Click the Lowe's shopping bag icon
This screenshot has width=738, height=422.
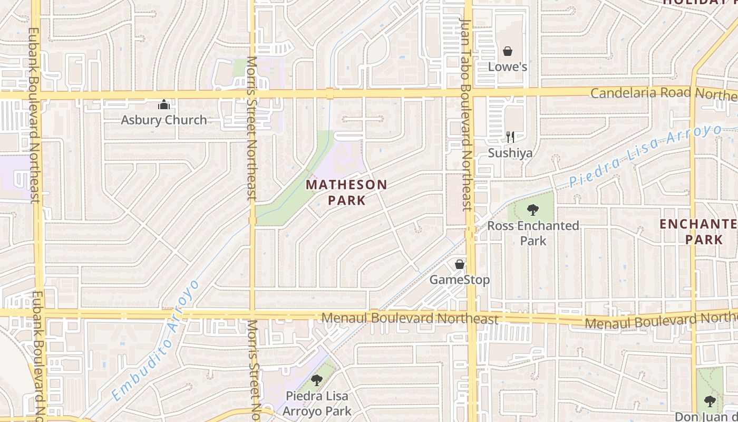(x=507, y=51)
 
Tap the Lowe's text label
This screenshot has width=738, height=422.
(x=507, y=67)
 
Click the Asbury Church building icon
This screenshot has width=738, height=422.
(x=164, y=104)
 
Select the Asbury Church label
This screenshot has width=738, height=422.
(x=164, y=120)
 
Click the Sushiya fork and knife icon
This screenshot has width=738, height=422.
(x=510, y=137)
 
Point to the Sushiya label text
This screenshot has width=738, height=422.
(x=510, y=153)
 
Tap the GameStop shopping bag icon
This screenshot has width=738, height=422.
(x=460, y=264)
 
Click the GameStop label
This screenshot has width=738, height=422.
(x=460, y=280)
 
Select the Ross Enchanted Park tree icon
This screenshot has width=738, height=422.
(x=533, y=210)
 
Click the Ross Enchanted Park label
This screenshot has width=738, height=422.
(x=533, y=233)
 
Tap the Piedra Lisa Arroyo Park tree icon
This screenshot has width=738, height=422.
(x=317, y=380)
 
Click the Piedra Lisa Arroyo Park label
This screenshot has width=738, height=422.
(x=317, y=403)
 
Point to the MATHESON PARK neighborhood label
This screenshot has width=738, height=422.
(x=346, y=193)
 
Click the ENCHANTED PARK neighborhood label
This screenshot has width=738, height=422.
(x=698, y=232)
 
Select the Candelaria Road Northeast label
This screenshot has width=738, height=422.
(x=663, y=93)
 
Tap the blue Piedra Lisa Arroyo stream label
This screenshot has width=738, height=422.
(x=646, y=155)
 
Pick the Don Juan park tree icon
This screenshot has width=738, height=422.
(x=710, y=401)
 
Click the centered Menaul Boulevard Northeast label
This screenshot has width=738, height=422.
(x=410, y=319)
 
